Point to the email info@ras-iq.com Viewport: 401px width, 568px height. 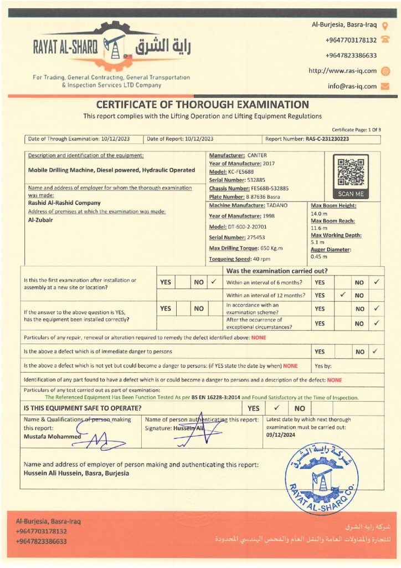[352, 86]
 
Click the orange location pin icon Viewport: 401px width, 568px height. [385, 25]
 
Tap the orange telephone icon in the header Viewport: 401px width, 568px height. [385, 40]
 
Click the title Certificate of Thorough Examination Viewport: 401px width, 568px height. [203, 104]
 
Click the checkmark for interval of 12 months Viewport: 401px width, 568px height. [343, 295]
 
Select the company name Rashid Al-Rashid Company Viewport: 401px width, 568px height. [64, 203]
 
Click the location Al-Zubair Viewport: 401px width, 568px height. [40, 219]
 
